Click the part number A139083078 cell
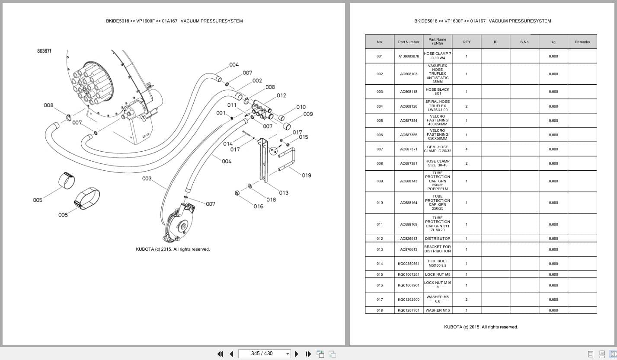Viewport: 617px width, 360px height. click(x=409, y=56)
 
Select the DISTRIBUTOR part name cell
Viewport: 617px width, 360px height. click(x=437, y=239)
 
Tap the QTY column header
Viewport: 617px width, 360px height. click(x=466, y=42)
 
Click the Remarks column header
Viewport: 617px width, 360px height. click(x=582, y=42)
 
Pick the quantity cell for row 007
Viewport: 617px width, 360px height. click(x=466, y=149)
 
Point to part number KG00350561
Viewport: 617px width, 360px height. click(x=409, y=264)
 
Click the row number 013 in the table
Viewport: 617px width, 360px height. click(x=379, y=249)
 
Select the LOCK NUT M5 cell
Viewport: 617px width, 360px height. click(x=437, y=274)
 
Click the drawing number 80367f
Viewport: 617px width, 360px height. click(x=44, y=51)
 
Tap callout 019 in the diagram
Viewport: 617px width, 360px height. click(x=306, y=175)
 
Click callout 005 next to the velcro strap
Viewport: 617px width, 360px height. click(x=38, y=200)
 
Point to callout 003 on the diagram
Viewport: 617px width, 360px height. click(x=147, y=178)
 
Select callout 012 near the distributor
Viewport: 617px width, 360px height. click(x=281, y=96)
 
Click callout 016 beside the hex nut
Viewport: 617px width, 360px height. click(x=258, y=207)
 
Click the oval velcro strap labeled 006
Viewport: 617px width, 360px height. click(x=87, y=198)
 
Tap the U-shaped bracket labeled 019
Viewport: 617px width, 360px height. click(x=287, y=159)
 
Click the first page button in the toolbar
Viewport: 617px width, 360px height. click(x=220, y=354)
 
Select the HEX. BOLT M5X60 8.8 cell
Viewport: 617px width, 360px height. click(x=437, y=264)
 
